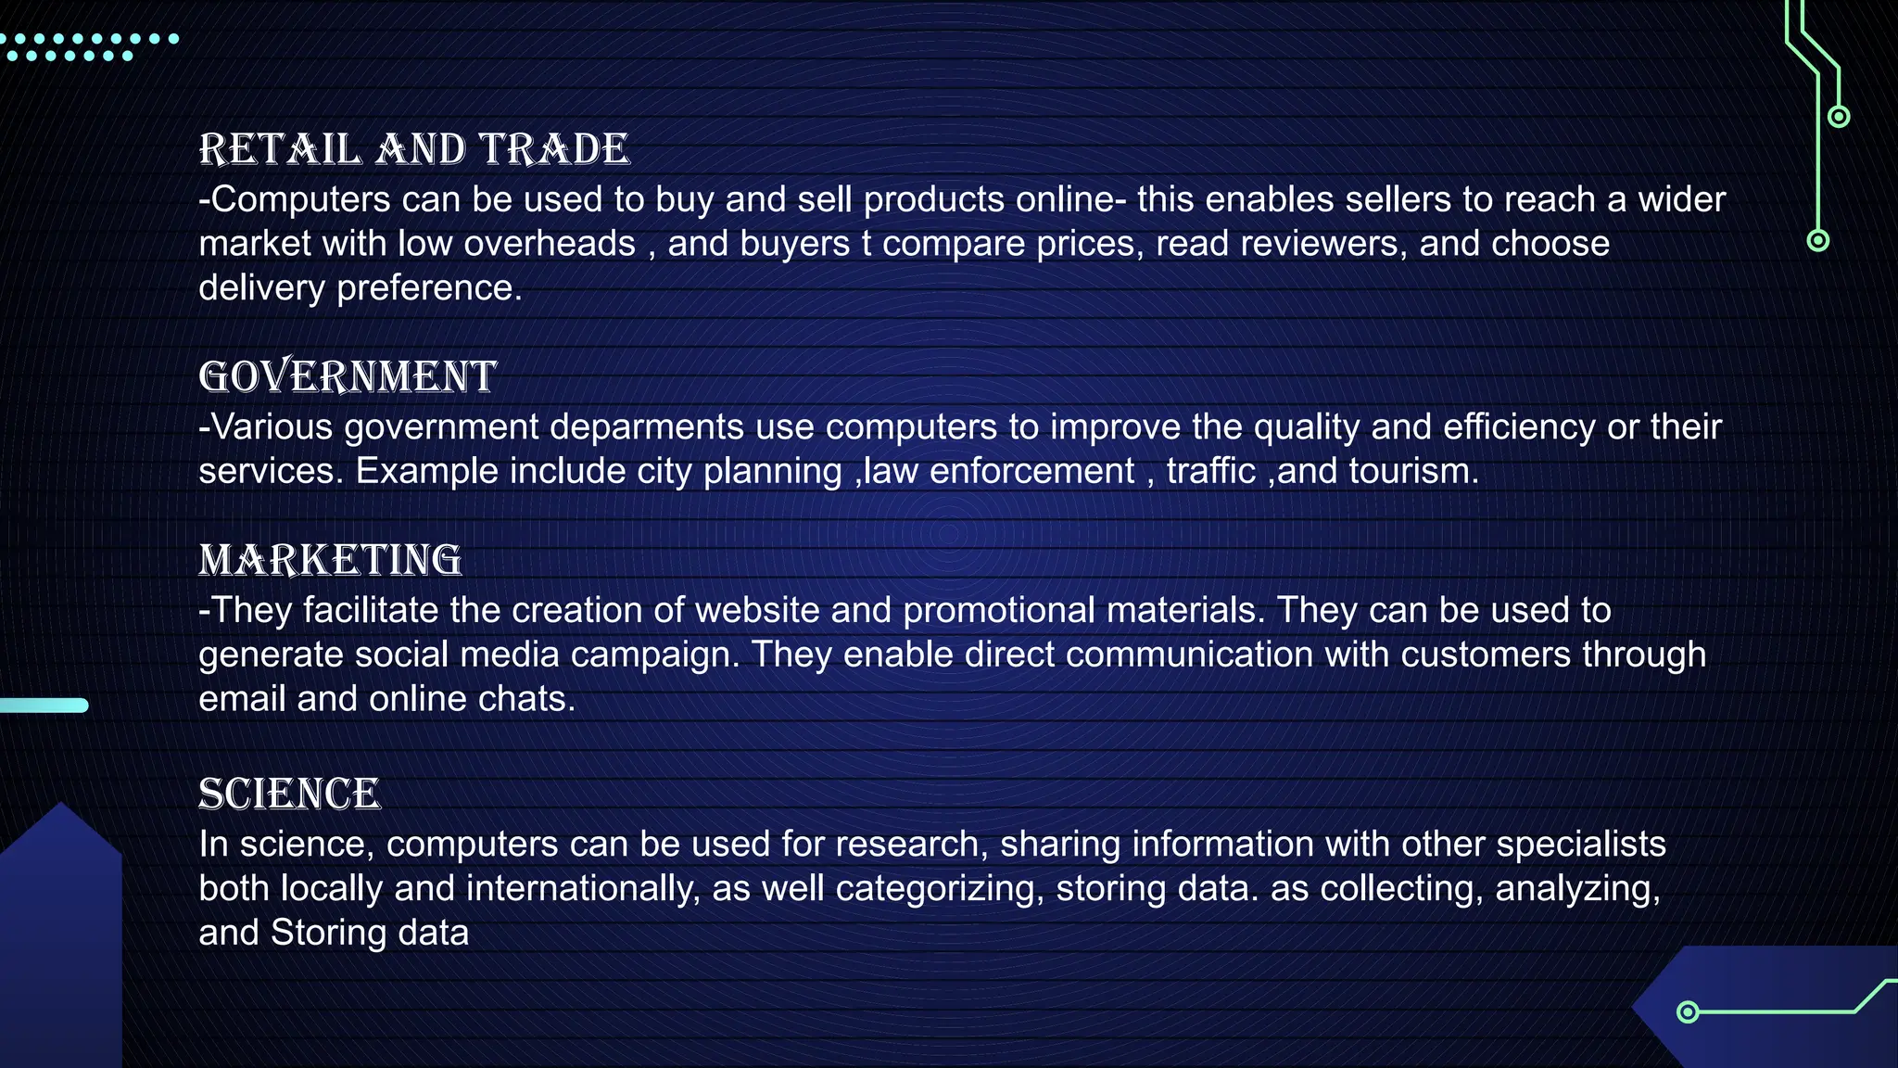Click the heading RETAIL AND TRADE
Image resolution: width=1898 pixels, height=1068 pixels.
[414, 149]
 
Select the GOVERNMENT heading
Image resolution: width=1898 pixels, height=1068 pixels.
[348, 376]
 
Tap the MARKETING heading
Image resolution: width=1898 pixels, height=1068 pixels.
[330, 560]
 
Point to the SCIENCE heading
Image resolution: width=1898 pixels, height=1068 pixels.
[289, 794]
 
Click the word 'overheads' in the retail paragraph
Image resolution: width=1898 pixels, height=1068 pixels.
[550, 244]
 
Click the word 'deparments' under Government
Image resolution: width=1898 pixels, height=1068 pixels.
[646, 427]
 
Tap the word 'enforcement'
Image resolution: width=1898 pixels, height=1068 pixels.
[1031, 471]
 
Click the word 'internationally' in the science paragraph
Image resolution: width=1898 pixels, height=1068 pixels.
[583, 889]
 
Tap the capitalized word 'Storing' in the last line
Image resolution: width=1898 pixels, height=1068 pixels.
[328, 933]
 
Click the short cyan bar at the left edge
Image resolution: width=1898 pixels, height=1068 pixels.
[44, 706]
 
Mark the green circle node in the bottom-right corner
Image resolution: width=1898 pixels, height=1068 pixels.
[1688, 1011]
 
